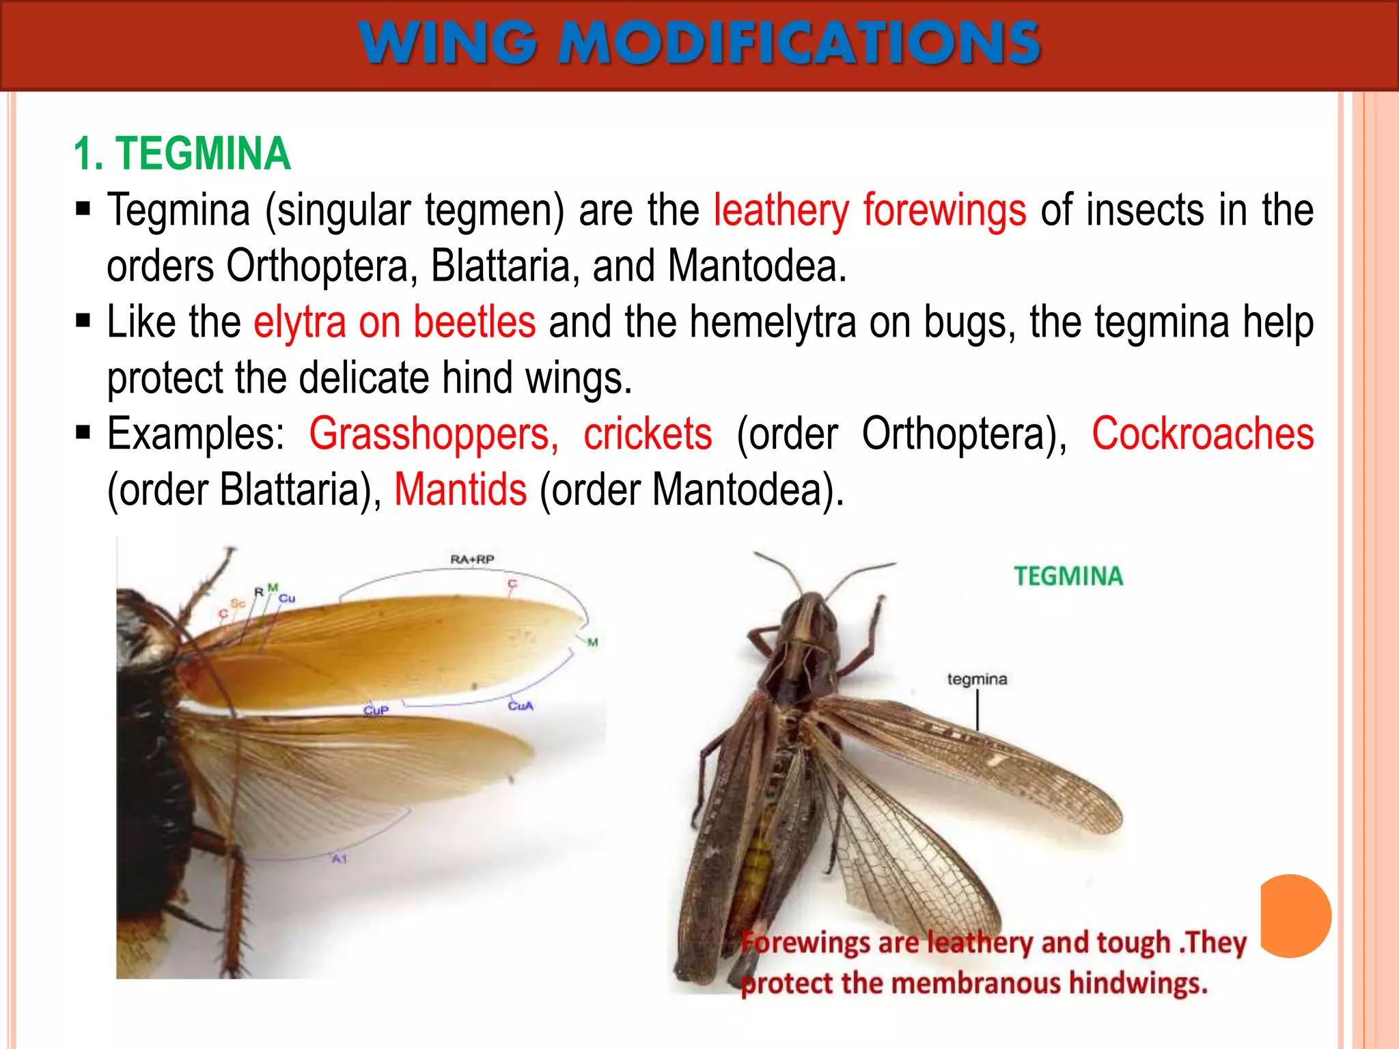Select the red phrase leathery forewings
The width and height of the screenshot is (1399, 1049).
pos(869,210)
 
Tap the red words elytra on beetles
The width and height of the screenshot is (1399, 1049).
pos(394,322)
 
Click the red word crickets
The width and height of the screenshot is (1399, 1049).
pos(647,434)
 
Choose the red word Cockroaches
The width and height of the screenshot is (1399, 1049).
pos(1202,434)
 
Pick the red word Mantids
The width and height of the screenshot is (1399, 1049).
pos(460,490)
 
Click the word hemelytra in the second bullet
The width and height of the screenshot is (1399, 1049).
pos(773,322)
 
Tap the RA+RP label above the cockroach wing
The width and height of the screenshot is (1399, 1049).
pos(472,559)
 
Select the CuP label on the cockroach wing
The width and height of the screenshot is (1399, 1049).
pos(376,710)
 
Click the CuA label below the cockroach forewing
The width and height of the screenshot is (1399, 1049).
pos(521,705)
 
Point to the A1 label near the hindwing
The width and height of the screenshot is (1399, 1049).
pos(340,858)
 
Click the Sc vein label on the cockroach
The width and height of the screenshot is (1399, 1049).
pos(238,603)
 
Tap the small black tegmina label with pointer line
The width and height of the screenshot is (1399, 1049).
pos(977,679)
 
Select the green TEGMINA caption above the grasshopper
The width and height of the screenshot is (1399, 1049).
pos(1068,576)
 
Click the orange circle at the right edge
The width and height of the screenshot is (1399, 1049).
pos(1296,916)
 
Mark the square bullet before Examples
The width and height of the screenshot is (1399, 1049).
pos(83,432)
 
